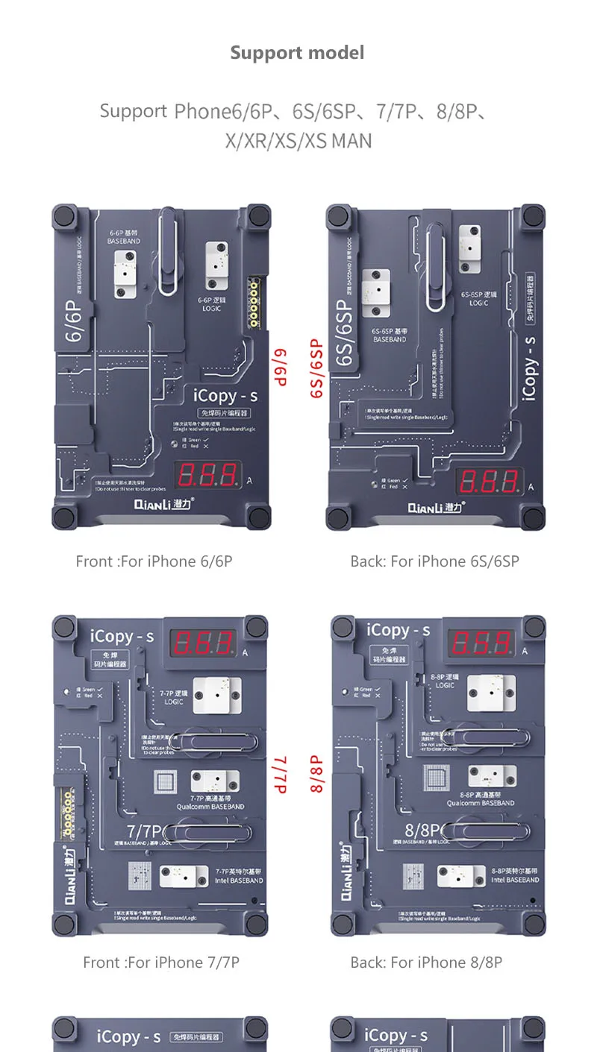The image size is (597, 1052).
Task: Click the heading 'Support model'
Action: point(297,53)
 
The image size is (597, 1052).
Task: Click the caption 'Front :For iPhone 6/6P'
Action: point(154,561)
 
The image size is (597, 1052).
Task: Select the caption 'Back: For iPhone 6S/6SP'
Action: point(434,561)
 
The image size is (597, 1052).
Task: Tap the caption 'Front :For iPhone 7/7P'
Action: point(160,963)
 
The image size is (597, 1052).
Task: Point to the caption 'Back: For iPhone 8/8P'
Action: point(426,963)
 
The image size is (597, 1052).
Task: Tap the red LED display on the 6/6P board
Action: point(207,476)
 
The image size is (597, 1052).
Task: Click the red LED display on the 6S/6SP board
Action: point(489,482)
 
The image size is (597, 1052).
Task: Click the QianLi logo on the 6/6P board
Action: point(164,505)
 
